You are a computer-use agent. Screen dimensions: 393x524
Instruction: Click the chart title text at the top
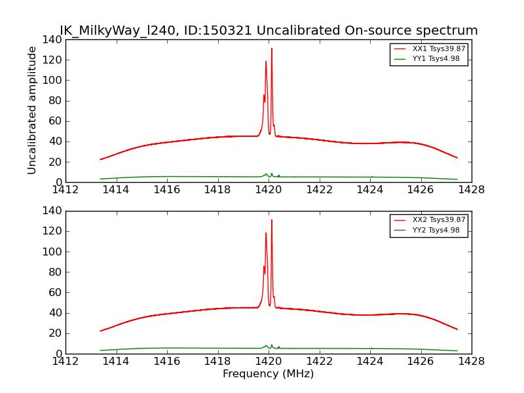(269, 31)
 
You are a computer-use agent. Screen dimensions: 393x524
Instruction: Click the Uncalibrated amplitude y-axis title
(33, 110)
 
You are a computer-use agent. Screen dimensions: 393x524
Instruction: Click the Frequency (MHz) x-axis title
(269, 374)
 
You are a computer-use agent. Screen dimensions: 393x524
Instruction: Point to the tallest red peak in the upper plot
(272, 48)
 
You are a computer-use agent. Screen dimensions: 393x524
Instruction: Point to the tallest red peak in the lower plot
(272, 220)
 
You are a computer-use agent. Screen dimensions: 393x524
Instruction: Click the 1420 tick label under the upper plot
(269, 190)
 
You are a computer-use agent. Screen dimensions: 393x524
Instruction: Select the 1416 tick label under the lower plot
(167, 361)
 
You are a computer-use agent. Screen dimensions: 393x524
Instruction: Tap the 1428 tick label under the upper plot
(472, 190)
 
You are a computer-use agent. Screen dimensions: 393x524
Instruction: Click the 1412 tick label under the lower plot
(65, 361)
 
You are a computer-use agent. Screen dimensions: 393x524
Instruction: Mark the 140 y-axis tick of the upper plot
(53, 39)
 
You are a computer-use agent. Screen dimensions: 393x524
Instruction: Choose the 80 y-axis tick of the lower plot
(56, 272)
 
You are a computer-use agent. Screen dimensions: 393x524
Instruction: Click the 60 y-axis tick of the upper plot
(56, 121)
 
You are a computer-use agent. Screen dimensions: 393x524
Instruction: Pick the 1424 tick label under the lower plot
(370, 361)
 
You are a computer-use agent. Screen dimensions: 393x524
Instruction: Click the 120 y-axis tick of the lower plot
(53, 231)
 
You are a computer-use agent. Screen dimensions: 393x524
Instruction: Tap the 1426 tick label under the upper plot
(421, 190)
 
